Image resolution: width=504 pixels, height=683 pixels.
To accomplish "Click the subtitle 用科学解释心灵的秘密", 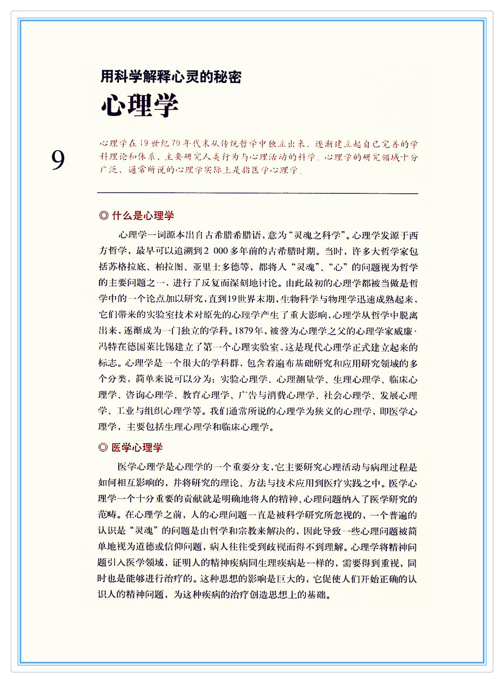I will coord(171,76).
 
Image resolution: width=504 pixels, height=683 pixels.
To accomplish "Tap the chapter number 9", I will coord(58,160).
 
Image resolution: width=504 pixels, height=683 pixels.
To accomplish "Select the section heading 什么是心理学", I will coord(143,215).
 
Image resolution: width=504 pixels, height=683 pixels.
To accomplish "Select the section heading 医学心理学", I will coord(137,447).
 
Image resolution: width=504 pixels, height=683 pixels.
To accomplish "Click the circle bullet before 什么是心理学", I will coord(104,215).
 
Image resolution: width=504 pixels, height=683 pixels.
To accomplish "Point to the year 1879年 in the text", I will coord(250,331).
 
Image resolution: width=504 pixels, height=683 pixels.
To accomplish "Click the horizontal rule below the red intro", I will coord(258,193).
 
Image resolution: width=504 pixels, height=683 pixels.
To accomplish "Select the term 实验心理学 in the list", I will coord(244,379).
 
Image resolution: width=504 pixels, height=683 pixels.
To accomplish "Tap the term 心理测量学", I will coord(301,379).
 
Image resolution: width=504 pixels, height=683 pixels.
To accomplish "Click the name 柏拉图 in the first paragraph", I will coord(170,267).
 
